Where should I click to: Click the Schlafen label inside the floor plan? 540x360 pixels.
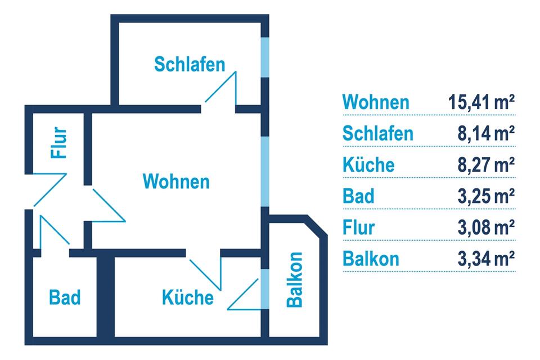point(190,64)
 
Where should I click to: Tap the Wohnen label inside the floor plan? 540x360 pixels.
point(176,182)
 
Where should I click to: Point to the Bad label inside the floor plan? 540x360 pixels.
point(65,296)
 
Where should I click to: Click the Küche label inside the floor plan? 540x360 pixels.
point(188,296)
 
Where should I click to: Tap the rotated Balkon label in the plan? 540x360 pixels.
point(294,280)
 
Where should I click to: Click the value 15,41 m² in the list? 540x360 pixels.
point(482,102)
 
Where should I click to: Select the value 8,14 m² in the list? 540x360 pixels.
point(486,134)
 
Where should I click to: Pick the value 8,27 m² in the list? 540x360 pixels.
point(486,165)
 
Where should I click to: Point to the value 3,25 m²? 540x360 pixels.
point(486,197)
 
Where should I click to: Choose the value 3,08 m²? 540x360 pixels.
point(486,228)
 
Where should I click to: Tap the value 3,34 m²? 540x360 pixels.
point(486,259)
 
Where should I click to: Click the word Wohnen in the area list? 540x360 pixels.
point(376,102)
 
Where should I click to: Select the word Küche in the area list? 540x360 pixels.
point(368,165)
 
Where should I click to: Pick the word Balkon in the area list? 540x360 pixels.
point(371,259)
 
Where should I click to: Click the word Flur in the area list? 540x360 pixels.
point(358,228)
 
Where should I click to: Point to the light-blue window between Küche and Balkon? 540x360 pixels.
point(263,289)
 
